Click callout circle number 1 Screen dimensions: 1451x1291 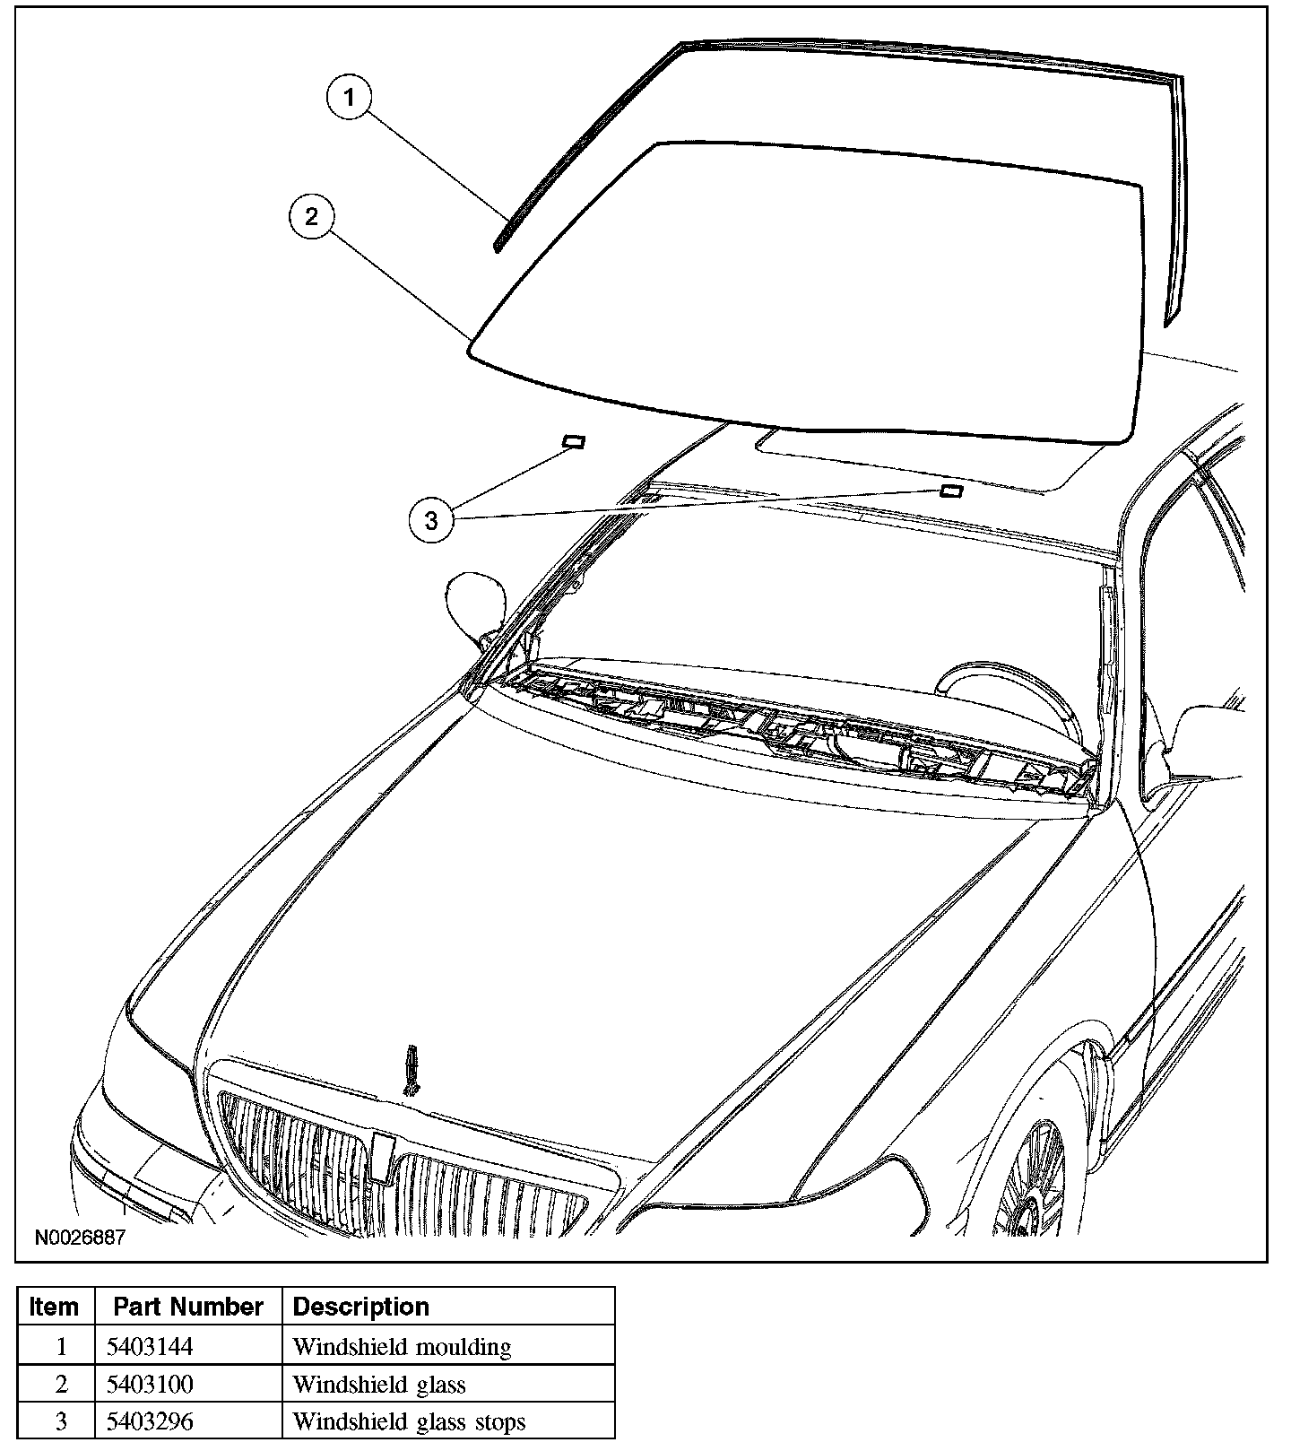350,98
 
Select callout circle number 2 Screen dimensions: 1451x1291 311,216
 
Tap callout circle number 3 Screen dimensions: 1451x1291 431,520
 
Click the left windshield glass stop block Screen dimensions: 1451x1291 573,440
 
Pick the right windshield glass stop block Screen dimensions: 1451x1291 951,490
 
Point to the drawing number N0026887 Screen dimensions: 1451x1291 81,1238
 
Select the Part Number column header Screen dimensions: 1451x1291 188,1307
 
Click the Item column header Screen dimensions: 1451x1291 54,1307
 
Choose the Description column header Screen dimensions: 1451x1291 361,1307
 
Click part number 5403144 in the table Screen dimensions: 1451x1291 150,1346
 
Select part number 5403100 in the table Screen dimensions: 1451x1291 150,1385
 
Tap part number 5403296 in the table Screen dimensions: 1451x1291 150,1421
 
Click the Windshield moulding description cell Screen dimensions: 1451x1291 402,1346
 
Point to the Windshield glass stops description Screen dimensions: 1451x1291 409,1421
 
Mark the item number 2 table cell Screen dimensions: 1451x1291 61,1385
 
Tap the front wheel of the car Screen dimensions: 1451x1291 1031,1175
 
